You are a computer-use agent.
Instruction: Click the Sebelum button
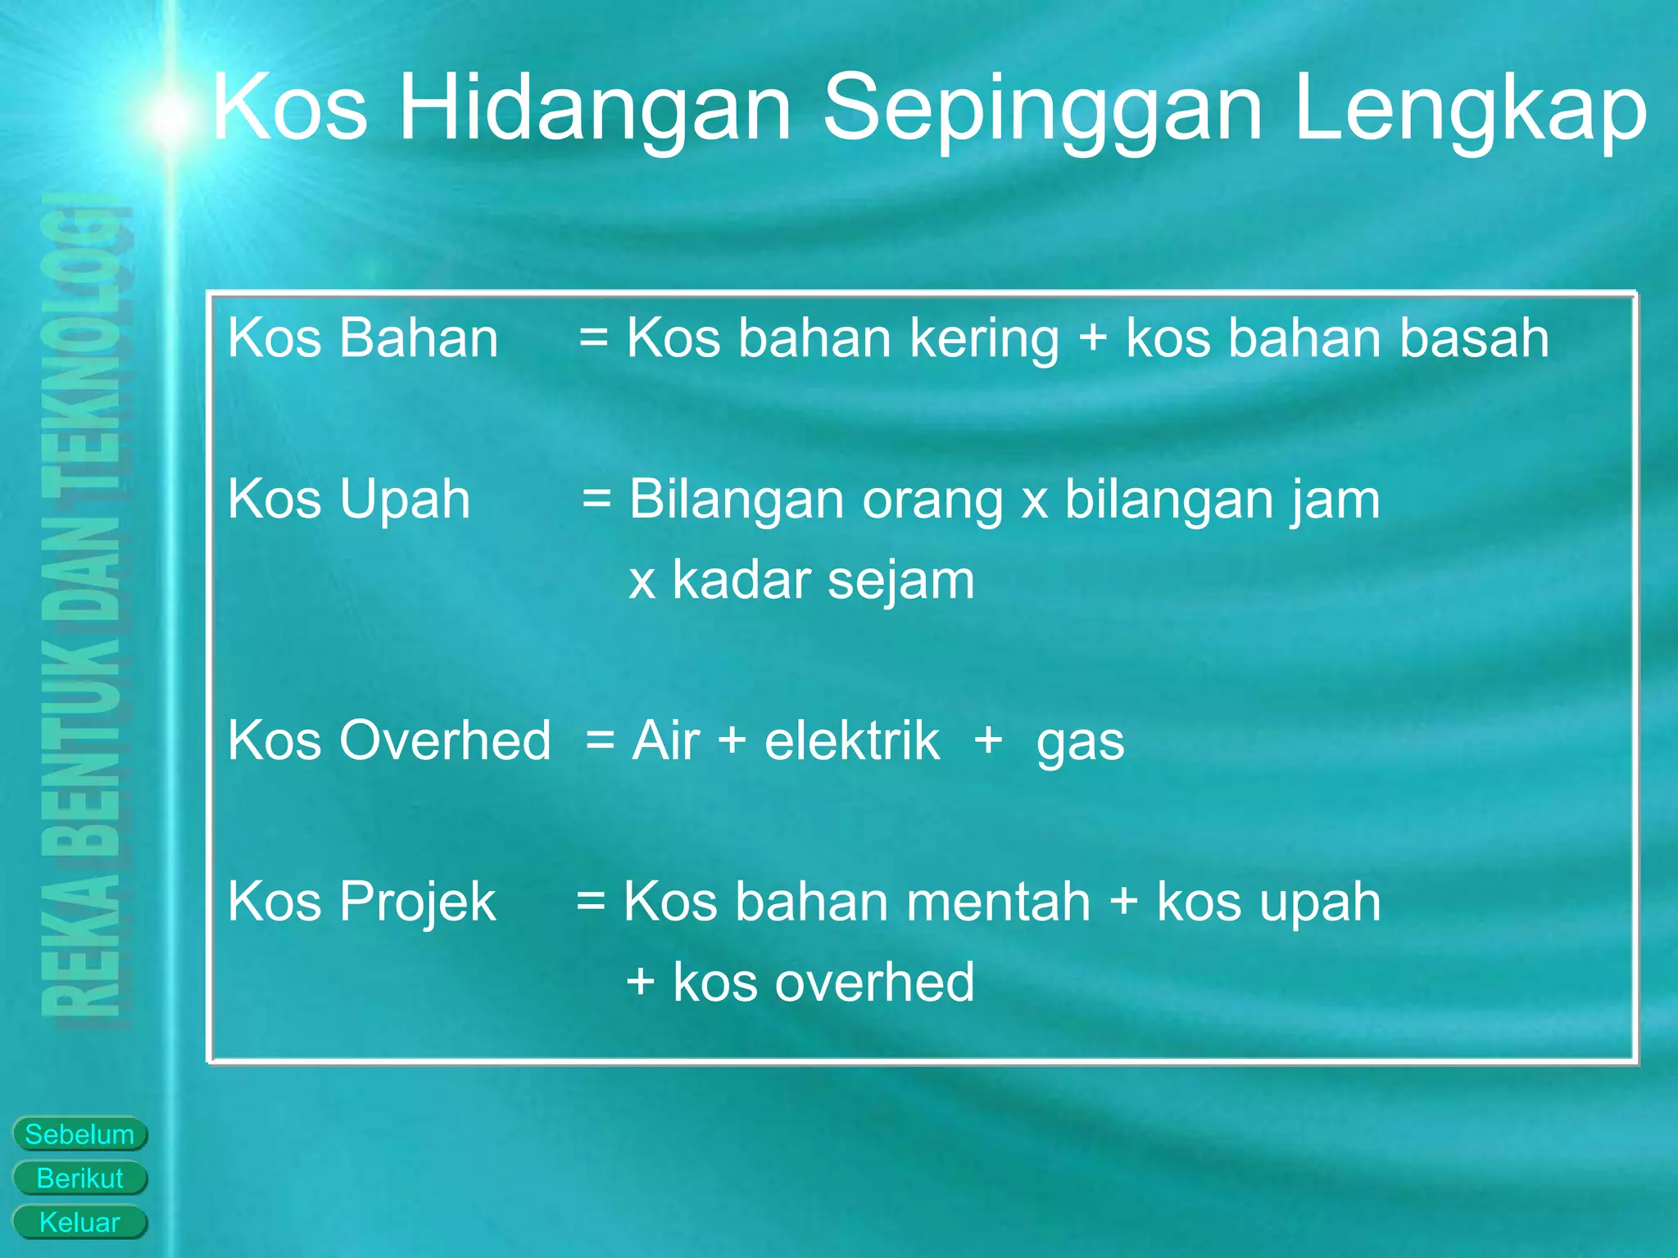click(x=79, y=1134)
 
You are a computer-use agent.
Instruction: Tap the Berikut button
click(x=79, y=1179)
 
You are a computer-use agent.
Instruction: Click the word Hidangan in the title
click(x=595, y=109)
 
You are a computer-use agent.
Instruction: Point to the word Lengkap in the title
click(x=1470, y=109)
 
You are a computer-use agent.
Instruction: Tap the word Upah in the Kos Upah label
click(x=405, y=499)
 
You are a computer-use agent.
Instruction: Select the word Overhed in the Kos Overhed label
click(x=445, y=740)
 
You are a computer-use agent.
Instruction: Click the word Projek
click(x=417, y=902)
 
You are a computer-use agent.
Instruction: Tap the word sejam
click(x=900, y=580)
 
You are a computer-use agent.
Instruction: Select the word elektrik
click(x=852, y=740)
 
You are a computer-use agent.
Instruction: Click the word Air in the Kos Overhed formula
click(x=666, y=740)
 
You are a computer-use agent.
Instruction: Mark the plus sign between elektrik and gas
click(x=988, y=740)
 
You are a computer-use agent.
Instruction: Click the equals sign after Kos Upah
click(x=596, y=499)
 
